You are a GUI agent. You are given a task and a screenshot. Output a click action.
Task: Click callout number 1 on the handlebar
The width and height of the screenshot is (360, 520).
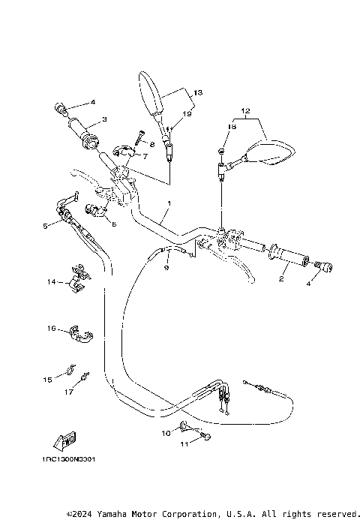tap(169, 203)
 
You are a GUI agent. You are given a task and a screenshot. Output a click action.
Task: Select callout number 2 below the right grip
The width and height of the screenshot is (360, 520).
tap(280, 278)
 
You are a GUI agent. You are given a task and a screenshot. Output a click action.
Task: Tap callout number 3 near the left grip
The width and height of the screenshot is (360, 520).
tap(104, 119)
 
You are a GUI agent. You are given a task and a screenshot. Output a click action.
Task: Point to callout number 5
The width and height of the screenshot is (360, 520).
tap(46, 225)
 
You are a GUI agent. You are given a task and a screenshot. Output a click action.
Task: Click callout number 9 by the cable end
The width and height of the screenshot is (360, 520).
tap(167, 267)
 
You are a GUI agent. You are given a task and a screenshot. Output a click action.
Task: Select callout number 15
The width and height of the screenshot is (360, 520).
tap(47, 380)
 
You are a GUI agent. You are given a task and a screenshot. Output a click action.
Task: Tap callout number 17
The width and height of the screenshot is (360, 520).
tap(68, 391)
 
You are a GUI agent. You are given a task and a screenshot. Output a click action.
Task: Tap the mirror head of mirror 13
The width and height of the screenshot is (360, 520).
tap(148, 95)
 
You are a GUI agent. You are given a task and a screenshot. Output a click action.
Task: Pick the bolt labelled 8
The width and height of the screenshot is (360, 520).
tap(139, 139)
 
